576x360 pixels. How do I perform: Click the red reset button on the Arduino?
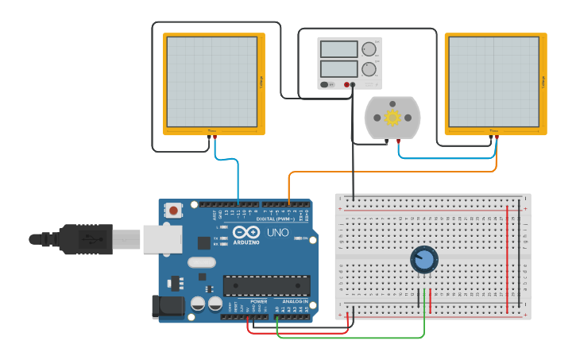tap(173, 211)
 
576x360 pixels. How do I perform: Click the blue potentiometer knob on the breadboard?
tap(423, 259)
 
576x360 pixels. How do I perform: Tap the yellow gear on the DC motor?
tap(392, 118)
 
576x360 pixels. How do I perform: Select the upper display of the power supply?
tap(338, 49)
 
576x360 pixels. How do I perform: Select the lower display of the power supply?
tap(338, 68)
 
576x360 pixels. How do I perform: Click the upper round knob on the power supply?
tap(369, 49)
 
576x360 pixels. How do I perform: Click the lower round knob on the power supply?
tap(369, 69)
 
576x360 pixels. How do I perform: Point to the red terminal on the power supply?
tap(346, 84)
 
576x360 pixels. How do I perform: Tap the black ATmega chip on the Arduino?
tap(267, 285)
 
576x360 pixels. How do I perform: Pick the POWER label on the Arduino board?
tap(259, 302)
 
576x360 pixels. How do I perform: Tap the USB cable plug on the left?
tap(83, 238)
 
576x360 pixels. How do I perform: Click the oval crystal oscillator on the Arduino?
tap(201, 262)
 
